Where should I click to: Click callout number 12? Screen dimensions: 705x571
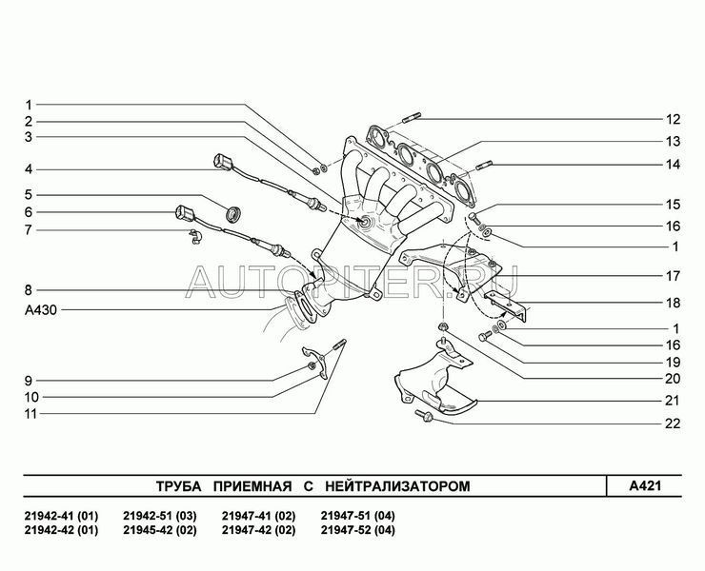coord(673,120)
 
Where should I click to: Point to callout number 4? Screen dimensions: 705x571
coord(30,169)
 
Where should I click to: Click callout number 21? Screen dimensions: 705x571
coord(673,400)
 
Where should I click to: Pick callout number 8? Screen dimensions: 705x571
coord(30,288)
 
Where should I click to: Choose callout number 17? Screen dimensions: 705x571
coord(673,276)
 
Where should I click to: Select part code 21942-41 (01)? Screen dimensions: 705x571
coord(60,516)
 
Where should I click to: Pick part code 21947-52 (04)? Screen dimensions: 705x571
coord(356,530)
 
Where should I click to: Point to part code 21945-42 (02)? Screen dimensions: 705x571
coord(160,530)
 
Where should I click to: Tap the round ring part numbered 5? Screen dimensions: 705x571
coord(231,212)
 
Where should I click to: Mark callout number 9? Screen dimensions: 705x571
coord(30,380)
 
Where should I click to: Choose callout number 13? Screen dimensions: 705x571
coord(673,141)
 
